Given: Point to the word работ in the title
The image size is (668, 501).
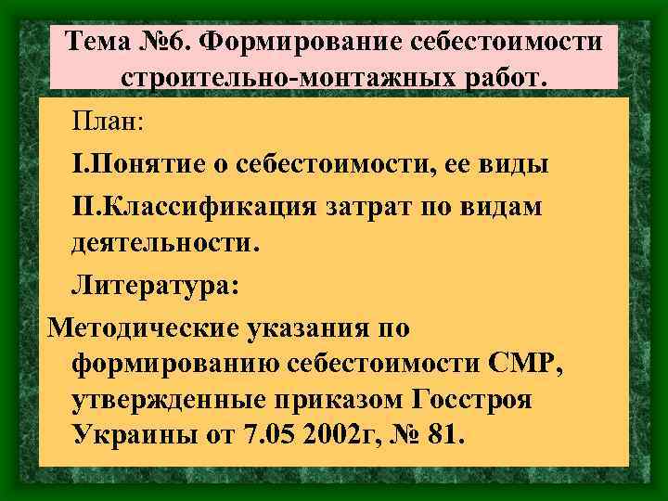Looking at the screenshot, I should (x=506, y=78).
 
